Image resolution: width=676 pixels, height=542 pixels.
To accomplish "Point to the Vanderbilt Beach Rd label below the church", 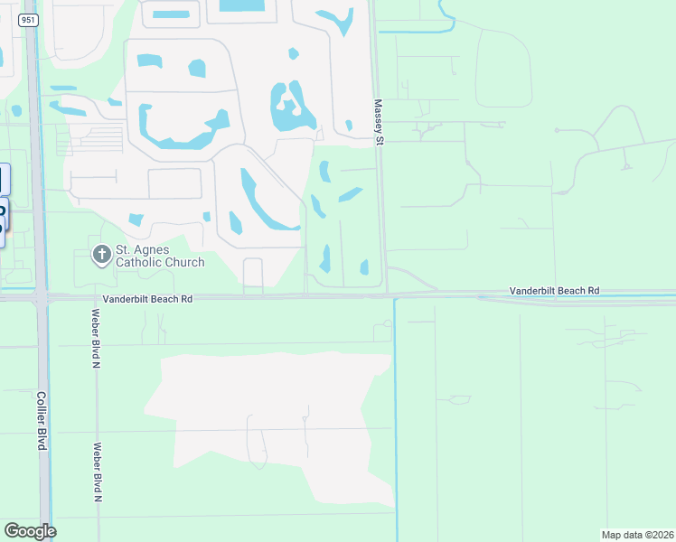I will (147, 297).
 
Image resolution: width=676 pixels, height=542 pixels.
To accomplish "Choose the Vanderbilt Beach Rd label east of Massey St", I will (554, 291).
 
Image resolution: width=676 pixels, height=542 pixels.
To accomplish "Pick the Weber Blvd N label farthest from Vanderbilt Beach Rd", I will (98, 472).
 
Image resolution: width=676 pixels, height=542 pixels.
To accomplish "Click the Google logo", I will (30, 531).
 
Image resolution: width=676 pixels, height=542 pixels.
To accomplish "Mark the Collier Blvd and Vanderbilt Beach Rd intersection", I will (42, 296).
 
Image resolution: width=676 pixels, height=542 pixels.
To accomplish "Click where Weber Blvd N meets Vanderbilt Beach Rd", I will (95, 296).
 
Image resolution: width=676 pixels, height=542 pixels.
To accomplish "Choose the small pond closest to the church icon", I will (136, 220).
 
